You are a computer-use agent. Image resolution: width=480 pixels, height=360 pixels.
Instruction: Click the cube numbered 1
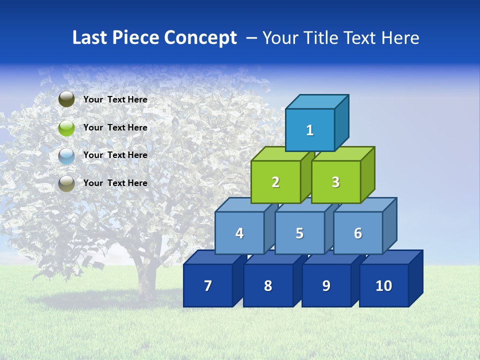click(310, 130)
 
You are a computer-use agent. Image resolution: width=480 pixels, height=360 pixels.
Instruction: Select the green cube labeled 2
click(275, 182)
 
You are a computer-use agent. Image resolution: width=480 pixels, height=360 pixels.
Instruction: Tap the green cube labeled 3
click(335, 182)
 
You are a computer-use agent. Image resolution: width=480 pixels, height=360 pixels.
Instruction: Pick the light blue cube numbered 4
click(239, 233)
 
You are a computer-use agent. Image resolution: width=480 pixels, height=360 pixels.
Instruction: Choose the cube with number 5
click(299, 233)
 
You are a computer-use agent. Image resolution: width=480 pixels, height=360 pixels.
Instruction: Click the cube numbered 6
click(358, 233)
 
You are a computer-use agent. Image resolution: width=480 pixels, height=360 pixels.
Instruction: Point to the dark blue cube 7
click(208, 285)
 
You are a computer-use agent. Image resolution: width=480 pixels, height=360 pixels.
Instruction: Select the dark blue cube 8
click(268, 285)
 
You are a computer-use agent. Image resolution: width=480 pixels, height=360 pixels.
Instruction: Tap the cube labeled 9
click(326, 285)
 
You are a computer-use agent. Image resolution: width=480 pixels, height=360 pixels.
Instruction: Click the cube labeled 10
click(383, 285)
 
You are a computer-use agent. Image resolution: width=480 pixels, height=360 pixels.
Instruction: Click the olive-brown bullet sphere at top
click(66, 99)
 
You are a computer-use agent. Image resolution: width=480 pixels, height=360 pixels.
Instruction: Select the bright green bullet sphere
click(66, 127)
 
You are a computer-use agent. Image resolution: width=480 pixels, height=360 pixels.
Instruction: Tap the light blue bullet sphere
click(66, 155)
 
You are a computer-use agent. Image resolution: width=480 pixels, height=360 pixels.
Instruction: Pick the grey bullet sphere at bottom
click(66, 183)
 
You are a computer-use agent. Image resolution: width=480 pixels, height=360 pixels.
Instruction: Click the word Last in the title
click(89, 37)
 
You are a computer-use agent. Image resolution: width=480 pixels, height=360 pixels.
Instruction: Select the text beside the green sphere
click(115, 127)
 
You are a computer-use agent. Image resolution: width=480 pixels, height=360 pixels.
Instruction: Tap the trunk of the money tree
click(146, 280)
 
